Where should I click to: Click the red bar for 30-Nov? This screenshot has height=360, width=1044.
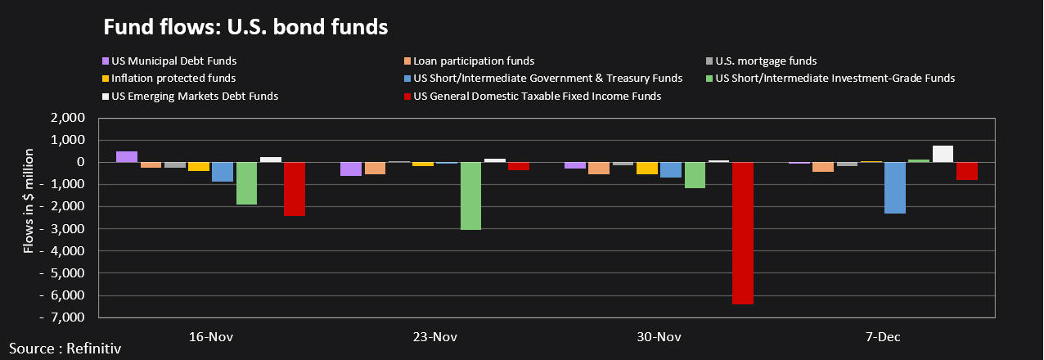click(743, 233)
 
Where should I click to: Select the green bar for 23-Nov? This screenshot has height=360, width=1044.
click(471, 196)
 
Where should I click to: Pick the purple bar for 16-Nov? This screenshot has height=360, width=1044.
click(127, 156)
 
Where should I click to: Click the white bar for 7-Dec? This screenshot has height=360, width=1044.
click(943, 154)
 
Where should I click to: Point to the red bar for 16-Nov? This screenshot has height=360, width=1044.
click(295, 189)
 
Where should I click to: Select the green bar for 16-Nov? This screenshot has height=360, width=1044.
click(247, 183)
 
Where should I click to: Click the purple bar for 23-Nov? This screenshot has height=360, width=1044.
click(352, 169)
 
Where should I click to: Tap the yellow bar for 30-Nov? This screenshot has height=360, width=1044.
click(647, 168)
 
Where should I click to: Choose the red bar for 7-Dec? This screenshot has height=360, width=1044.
click(967, 171)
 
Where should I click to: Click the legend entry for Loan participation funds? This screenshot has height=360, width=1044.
click(474, 61)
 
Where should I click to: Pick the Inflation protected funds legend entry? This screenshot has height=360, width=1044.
click(173, 79)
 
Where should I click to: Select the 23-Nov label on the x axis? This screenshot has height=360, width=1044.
click(435, 336)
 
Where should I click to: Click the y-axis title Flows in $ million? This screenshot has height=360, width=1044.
click(29, 200)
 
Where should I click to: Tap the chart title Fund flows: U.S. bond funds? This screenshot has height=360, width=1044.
click(245, 26)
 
